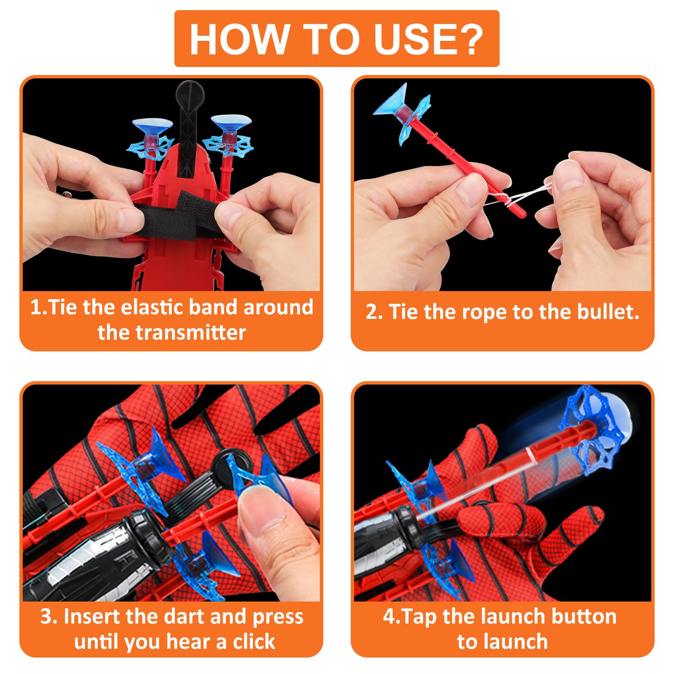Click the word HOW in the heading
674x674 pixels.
239,39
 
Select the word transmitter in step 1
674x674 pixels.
171,332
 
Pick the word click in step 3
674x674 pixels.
254,642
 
